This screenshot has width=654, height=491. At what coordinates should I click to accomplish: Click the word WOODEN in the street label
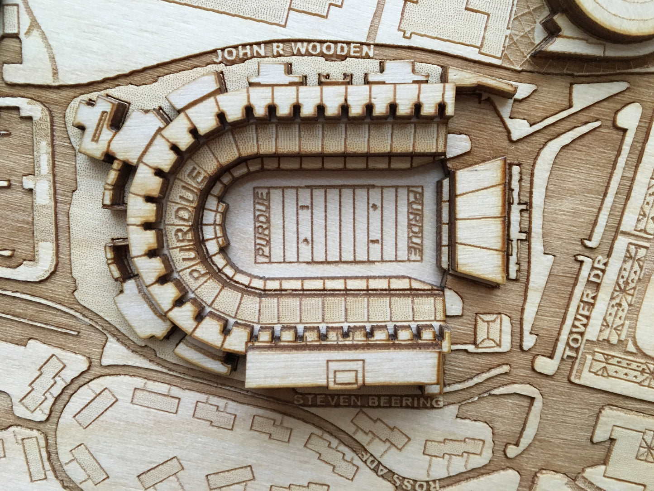[334, 50]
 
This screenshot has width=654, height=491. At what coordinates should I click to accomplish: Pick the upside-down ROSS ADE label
[379, 466]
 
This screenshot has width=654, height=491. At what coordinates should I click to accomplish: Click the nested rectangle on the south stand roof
[346, 373]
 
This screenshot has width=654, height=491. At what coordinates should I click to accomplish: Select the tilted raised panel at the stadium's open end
[480, 221]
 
